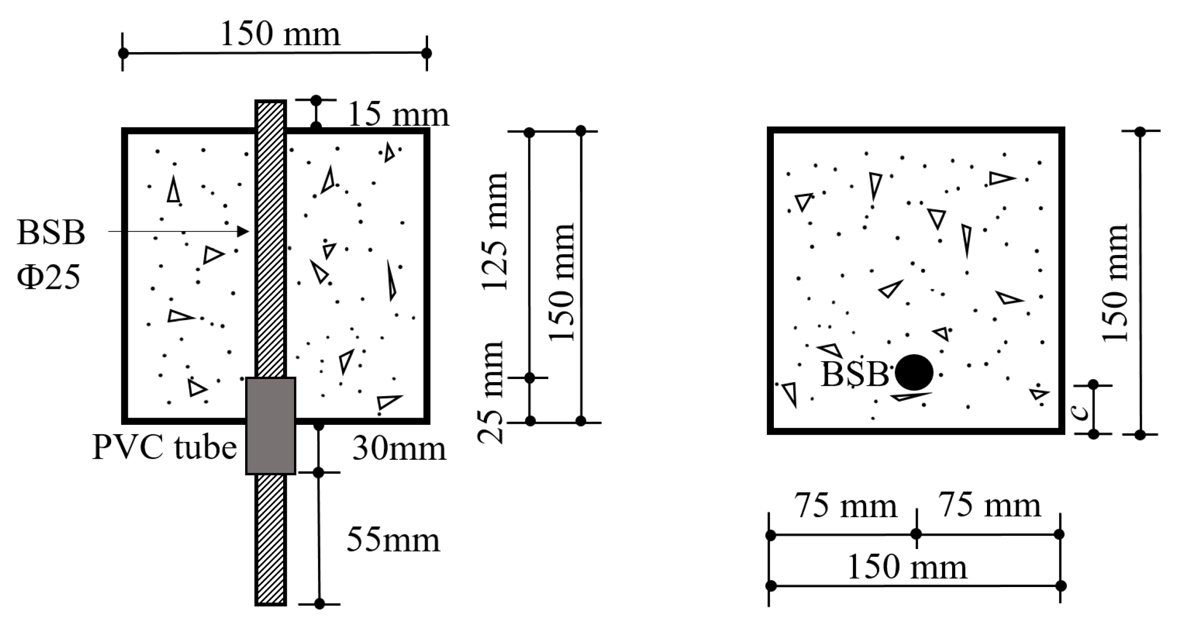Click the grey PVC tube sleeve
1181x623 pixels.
(x=271, y=426)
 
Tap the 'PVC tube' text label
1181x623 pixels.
(x=165, y=447)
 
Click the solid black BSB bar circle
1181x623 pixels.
(x=914, y=372)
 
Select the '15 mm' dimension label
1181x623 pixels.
(x=398, y=115)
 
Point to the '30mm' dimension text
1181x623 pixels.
(x=399, y=448)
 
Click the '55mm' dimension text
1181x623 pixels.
(x=393, y=540)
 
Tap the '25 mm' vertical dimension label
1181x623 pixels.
(x=491, y=392)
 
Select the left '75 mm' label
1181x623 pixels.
(x=846, y=506)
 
